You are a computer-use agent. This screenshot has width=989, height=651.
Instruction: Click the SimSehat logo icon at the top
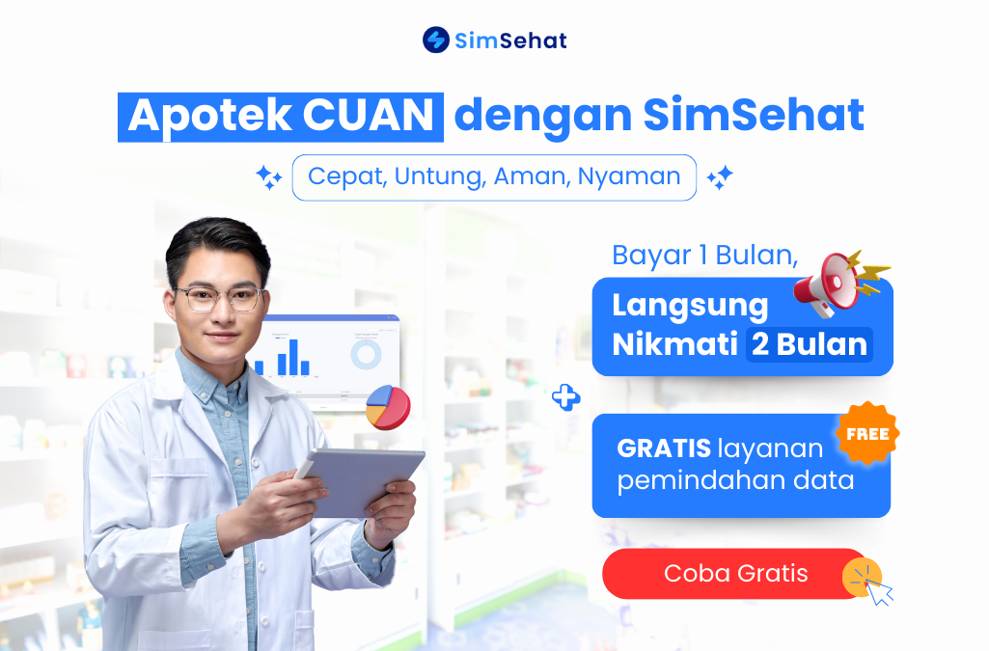point(436,40)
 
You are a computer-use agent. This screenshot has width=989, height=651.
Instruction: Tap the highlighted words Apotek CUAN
point(281,116)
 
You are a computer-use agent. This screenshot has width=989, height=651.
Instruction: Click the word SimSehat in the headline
point(753,116)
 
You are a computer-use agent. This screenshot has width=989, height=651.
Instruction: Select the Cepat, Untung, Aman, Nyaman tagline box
point(494,177)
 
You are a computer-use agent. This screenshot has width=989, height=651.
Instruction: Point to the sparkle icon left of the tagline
point(268,177)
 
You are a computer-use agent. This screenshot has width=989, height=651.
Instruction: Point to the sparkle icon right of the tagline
point(720,177)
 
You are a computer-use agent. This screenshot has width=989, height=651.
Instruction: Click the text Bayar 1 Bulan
point(705,256)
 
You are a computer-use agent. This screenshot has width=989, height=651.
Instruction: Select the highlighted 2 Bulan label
point(809,344)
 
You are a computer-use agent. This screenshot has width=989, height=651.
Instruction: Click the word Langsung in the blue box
point(690,307)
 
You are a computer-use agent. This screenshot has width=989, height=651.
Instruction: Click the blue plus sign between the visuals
point(565,396)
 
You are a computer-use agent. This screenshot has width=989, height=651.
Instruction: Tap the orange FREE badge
point(867,434)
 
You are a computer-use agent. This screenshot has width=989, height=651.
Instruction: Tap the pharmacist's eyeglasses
point(219,297)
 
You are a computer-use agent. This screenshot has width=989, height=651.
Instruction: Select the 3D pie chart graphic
point(388,406)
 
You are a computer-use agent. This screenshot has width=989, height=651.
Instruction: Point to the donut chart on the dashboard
point(367,354)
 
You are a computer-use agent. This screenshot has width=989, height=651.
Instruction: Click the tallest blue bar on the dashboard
point(287,357)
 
